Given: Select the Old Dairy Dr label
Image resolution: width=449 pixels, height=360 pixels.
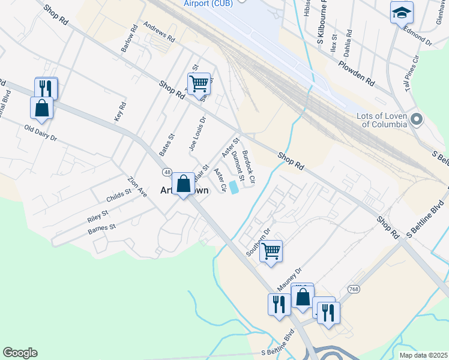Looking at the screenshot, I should [40, 133].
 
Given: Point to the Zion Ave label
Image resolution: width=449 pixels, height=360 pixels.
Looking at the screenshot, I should [137, 187].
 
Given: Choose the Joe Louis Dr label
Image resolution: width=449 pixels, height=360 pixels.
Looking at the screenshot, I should [197, 133].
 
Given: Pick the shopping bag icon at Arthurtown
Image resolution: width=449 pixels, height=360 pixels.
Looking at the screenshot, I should [183, 183].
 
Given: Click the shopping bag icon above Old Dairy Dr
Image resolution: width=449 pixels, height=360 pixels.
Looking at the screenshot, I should [41, 108].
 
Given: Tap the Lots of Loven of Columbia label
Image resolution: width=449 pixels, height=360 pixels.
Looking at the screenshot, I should [385, 120].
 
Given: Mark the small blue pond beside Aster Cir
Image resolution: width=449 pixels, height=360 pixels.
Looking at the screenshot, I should [234, 188].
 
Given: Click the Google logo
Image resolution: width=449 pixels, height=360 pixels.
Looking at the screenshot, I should [20, 353].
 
